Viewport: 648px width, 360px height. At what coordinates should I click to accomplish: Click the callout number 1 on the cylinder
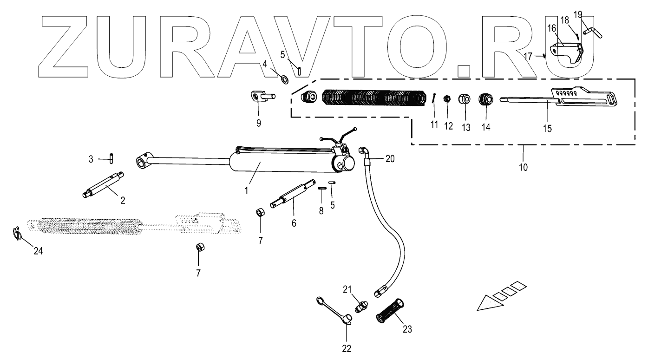247,190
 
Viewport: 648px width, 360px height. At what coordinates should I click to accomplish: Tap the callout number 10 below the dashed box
523,165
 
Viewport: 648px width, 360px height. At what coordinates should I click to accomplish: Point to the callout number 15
548,128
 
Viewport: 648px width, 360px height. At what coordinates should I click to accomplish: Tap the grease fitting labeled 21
360,307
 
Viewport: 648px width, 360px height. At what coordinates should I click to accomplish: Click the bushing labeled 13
464,99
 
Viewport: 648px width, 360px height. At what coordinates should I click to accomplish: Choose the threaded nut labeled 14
486,99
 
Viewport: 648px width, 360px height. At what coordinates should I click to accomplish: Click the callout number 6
294,223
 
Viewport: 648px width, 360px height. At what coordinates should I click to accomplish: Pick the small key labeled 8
321,188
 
